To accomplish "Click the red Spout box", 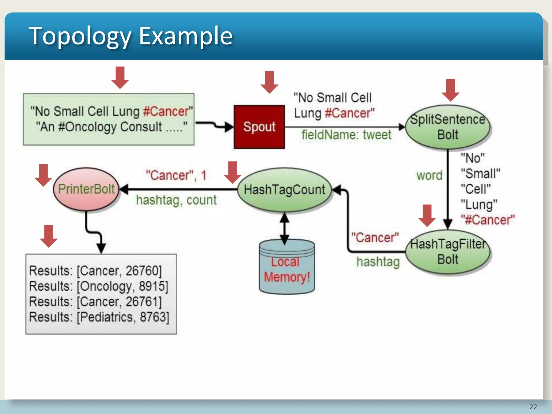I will [259, 127].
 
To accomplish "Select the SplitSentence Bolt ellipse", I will [448, 127].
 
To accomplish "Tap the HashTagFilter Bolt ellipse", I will [448, 252].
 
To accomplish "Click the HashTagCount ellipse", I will [285, 189].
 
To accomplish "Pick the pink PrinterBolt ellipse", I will [86, 189].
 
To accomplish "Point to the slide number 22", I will [533, 407].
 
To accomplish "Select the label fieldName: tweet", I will [346, 135].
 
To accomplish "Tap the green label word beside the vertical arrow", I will [429, 175].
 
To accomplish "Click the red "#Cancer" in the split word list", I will [488, 220].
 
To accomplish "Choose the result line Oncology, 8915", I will [99, 286].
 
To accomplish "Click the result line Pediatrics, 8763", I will [99, 317].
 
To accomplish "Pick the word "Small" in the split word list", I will [480, 173].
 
